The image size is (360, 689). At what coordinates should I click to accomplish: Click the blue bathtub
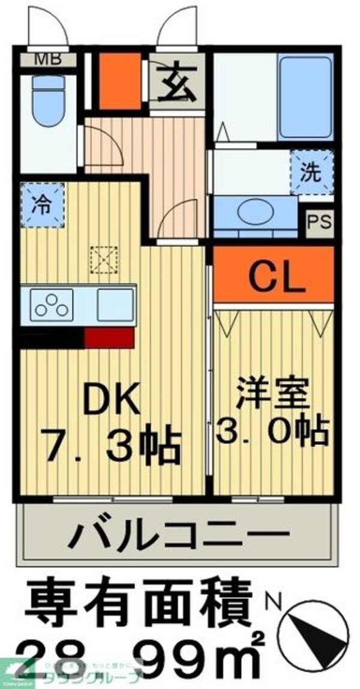coord(303,97)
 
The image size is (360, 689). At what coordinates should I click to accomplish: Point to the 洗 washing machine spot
coord(311,173)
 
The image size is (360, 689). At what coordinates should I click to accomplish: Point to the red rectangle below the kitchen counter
coord(108,338)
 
